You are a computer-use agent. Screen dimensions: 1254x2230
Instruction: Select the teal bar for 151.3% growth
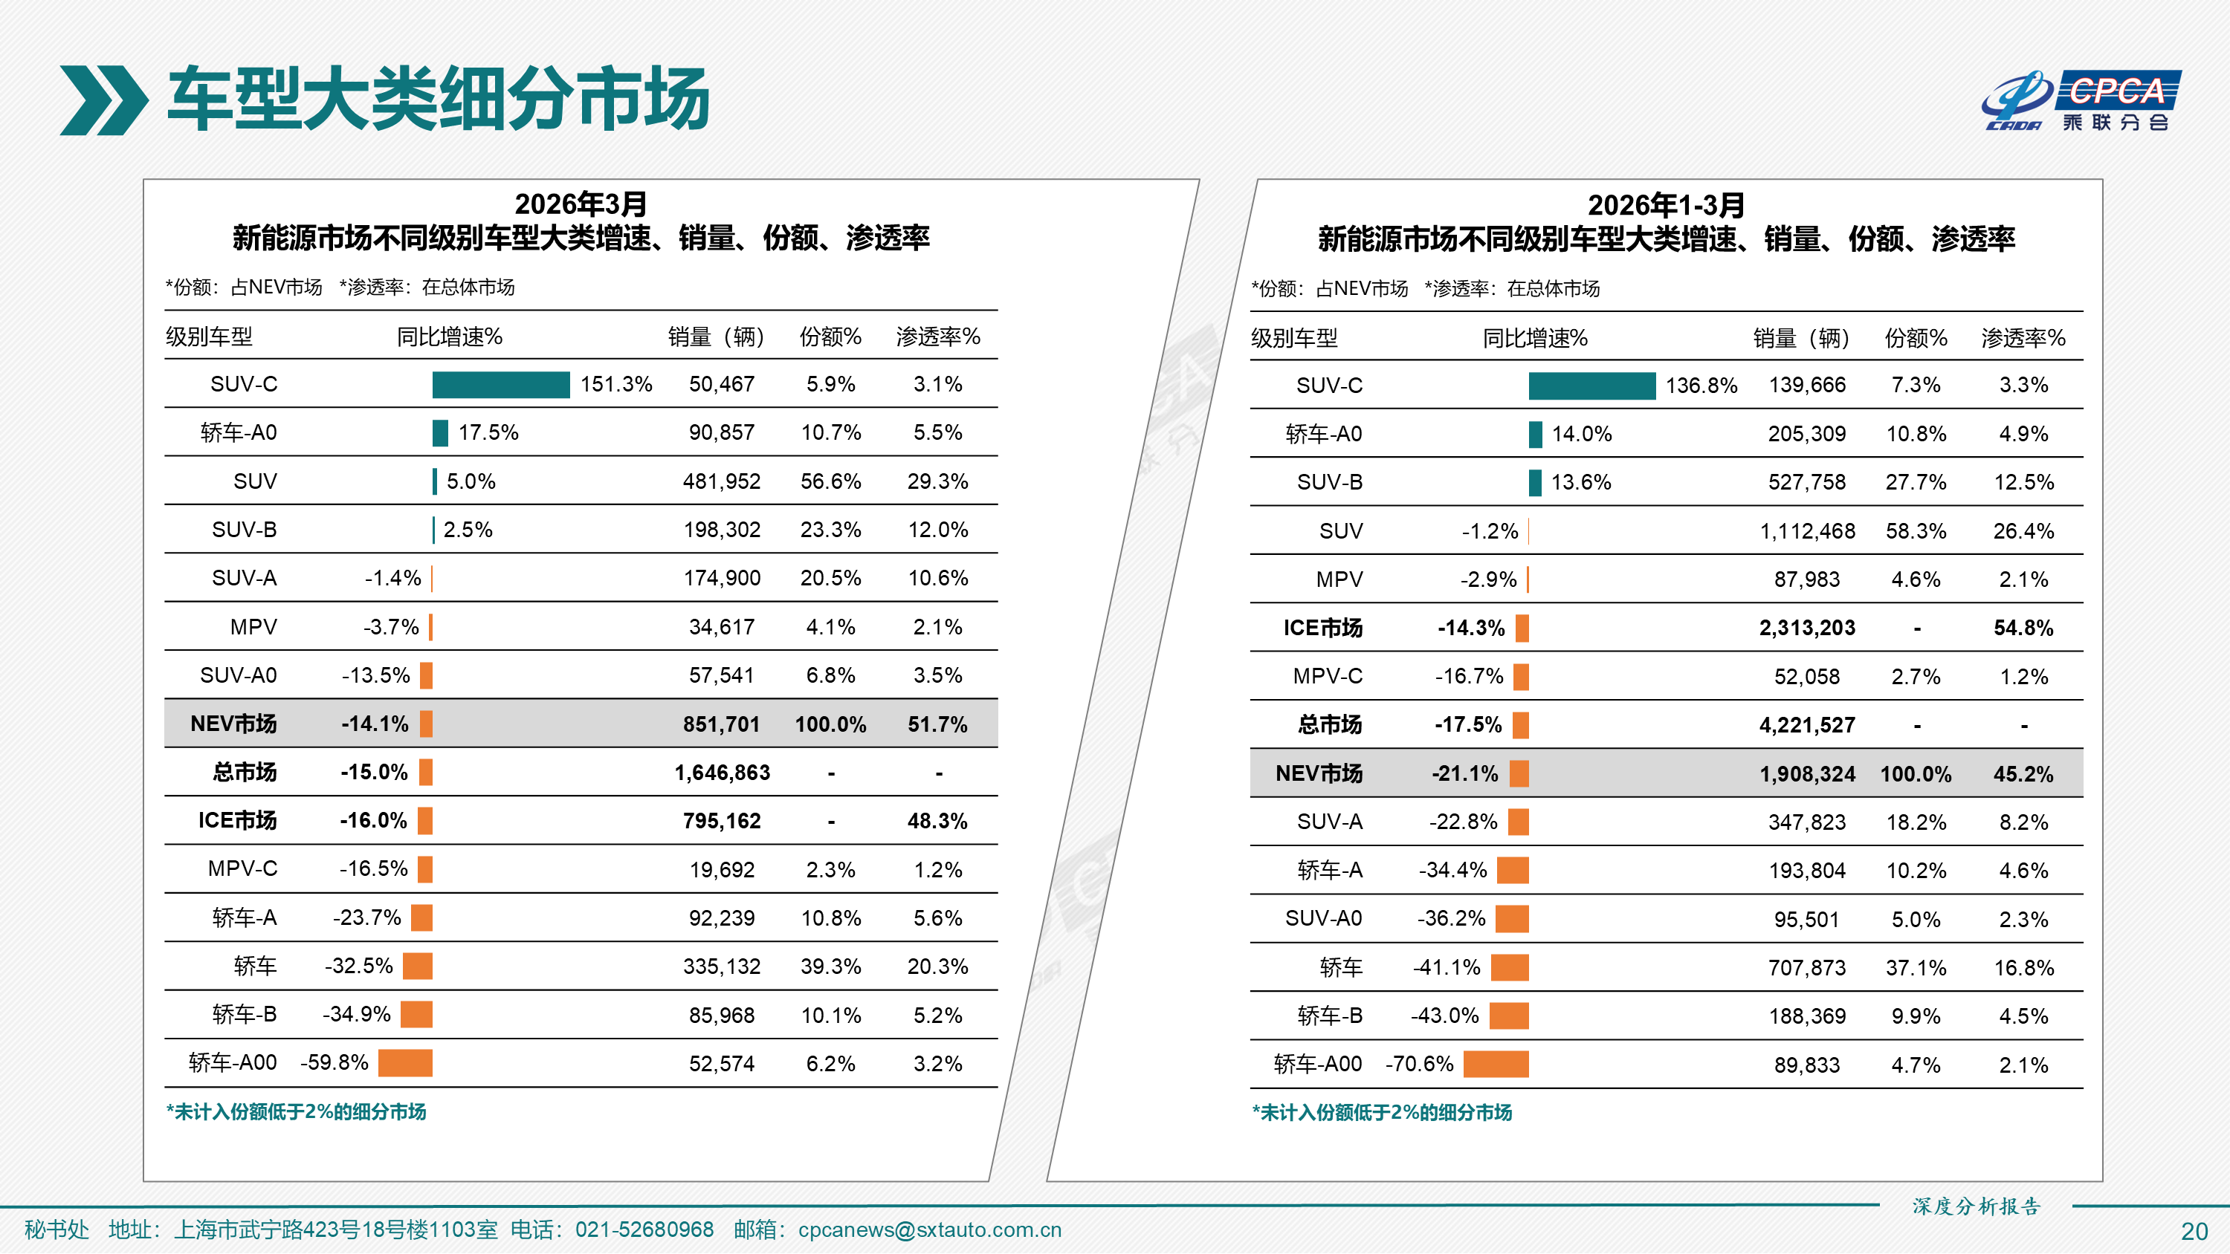coord(500,384)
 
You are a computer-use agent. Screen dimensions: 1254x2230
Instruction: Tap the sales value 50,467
coord(721,384)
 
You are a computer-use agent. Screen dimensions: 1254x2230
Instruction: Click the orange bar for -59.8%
coord(405,1063)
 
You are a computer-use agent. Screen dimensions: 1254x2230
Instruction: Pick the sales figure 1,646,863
coord(721,773)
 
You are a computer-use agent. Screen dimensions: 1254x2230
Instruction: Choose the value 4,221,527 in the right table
coord(1807,725)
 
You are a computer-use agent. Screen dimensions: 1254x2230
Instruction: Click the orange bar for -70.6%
coord(1495,1065)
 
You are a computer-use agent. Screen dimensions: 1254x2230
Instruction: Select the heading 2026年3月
coord(581,204)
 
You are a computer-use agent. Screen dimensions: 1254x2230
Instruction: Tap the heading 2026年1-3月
coord(1666,205)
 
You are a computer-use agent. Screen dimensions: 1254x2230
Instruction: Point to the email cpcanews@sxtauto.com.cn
coord(929,1229)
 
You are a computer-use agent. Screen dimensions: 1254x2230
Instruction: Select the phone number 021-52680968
coord(644,1229)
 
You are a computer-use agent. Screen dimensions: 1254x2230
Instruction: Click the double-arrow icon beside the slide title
coord(103,100)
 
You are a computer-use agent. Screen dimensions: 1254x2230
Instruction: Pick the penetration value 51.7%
coord(937,724)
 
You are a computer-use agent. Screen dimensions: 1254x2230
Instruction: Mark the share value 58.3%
coord(1916,531)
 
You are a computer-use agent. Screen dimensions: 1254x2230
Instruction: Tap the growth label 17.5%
coord(488,432)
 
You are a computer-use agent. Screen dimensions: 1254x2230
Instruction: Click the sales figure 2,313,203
coord(1807,628)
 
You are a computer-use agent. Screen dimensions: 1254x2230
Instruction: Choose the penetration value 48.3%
coord(937,822)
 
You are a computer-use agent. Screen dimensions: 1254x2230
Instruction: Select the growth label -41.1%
coord(1447,967)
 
